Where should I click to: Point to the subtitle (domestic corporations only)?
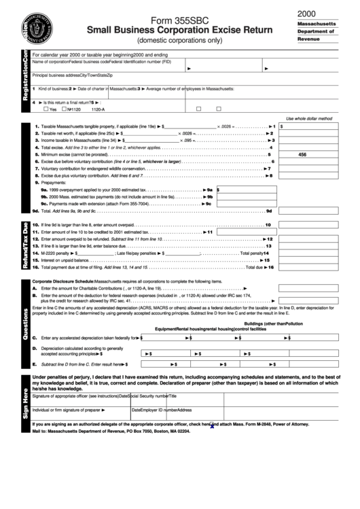tap(179, 40)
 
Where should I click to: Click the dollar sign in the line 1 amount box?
tap(281, 126)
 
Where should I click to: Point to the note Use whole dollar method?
tap(309, 118)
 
